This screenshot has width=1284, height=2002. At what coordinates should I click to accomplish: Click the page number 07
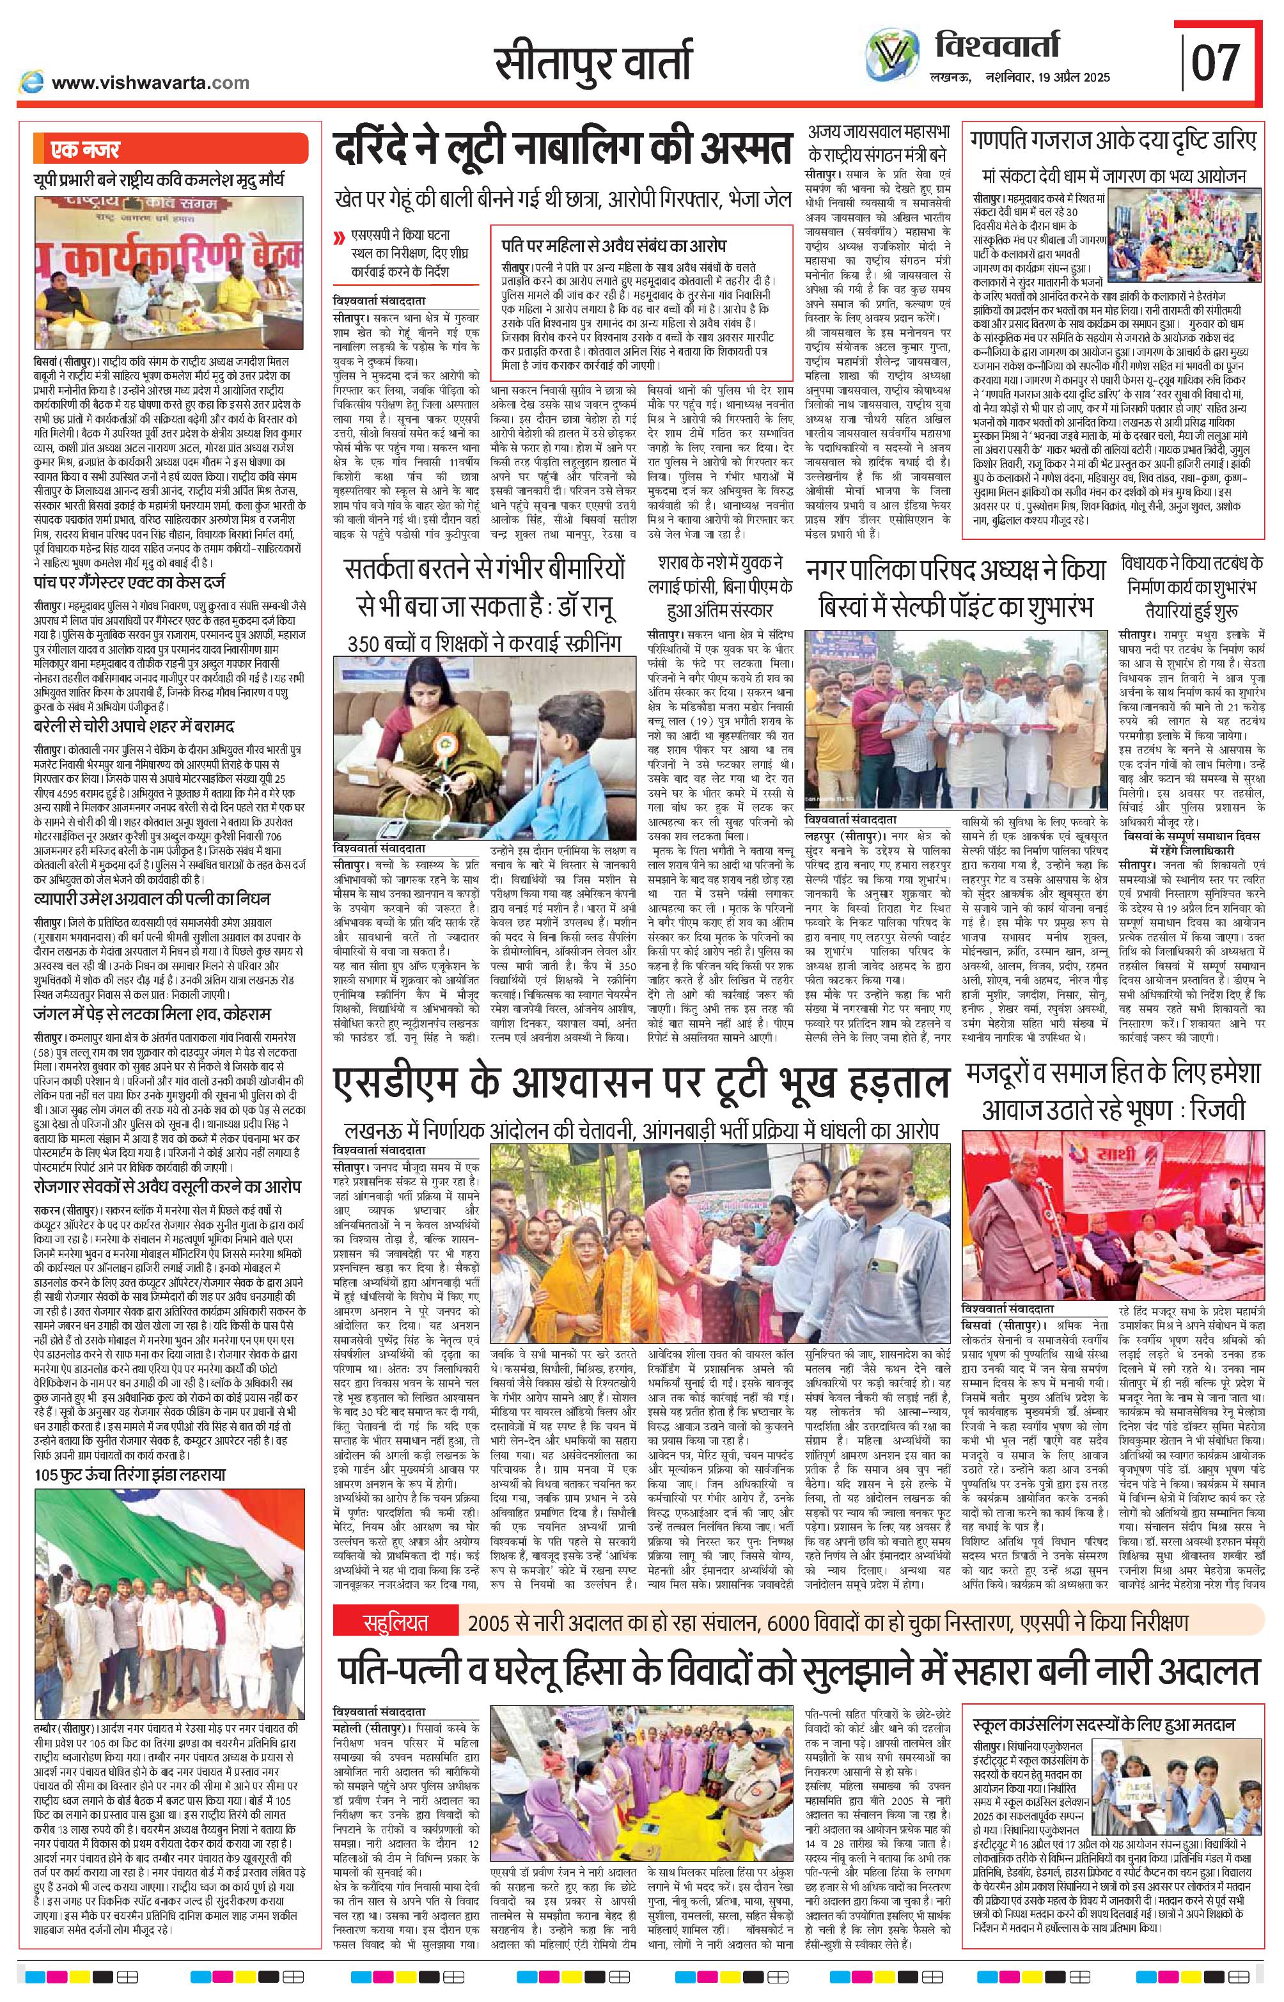pos(1216,63)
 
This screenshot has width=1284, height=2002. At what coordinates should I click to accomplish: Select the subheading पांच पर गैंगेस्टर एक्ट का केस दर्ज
pos(129,582)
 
